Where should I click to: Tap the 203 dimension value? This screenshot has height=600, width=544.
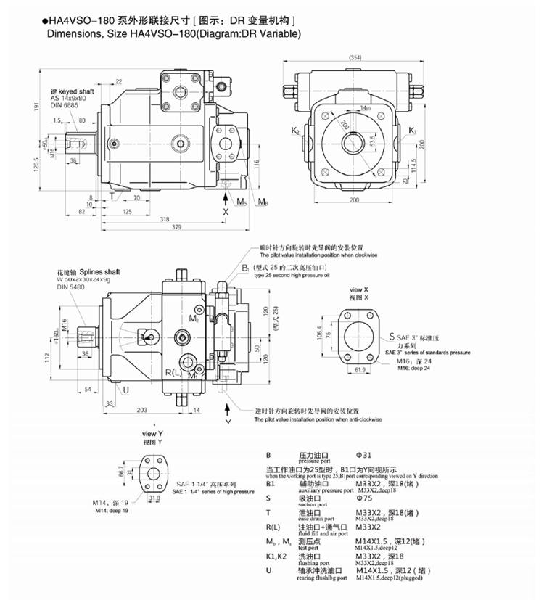141,411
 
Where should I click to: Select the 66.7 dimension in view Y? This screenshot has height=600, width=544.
121,473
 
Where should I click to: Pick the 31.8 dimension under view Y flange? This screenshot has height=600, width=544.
154,499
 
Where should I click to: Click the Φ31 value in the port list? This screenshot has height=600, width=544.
362,455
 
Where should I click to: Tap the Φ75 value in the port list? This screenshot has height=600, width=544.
362,498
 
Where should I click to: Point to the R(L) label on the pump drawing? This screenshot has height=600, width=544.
173,372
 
